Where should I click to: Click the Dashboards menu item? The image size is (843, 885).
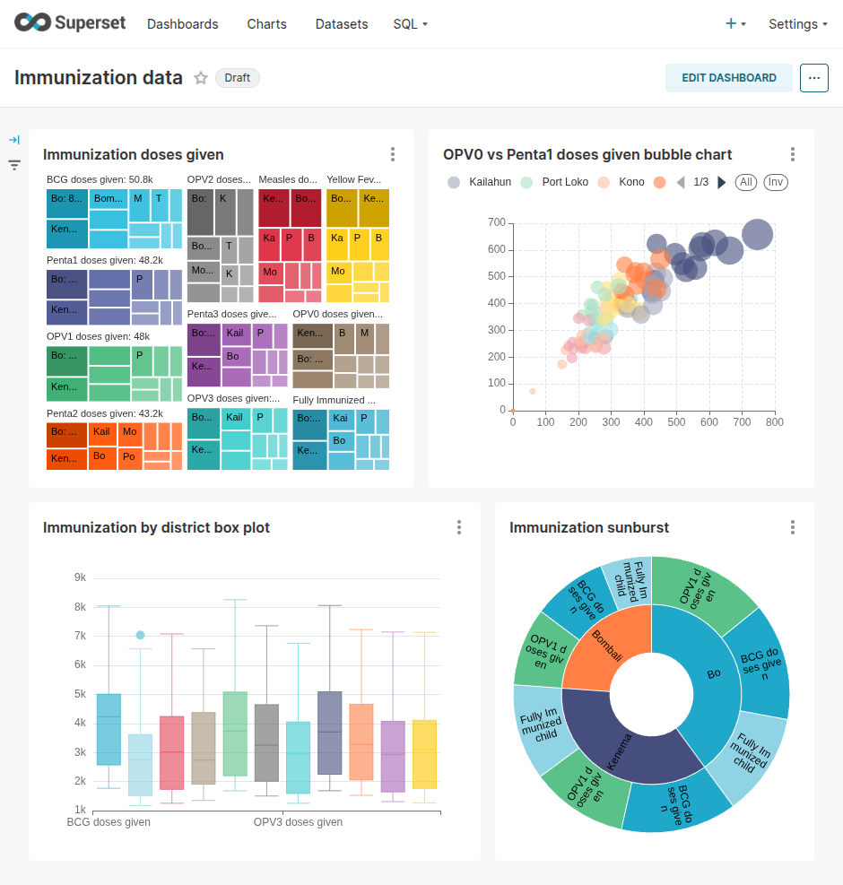pos(182,24)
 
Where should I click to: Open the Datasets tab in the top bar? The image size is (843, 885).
pos(342,24)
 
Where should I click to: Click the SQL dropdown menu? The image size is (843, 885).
pos(410,24)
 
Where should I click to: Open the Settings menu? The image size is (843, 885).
pos(797,24)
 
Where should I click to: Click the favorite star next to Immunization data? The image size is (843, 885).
pos(201,78)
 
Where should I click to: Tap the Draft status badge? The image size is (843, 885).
pos(237,78)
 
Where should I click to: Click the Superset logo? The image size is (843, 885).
pos(70,23)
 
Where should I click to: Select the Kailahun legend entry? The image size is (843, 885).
pos(479,182)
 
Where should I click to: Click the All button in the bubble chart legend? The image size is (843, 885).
pos(745,182)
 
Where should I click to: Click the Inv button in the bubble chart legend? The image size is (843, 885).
pos(776,182)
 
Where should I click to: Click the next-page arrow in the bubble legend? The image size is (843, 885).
pos(722,182)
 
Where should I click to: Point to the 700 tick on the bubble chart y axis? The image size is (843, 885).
pos(496,222)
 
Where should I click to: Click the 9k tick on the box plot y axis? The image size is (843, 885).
pos(80,577)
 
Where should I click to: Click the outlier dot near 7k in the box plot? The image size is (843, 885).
pos(140,635)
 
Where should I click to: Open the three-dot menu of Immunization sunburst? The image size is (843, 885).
pos(793,527)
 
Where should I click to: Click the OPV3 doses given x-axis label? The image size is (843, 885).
pos(298,822)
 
